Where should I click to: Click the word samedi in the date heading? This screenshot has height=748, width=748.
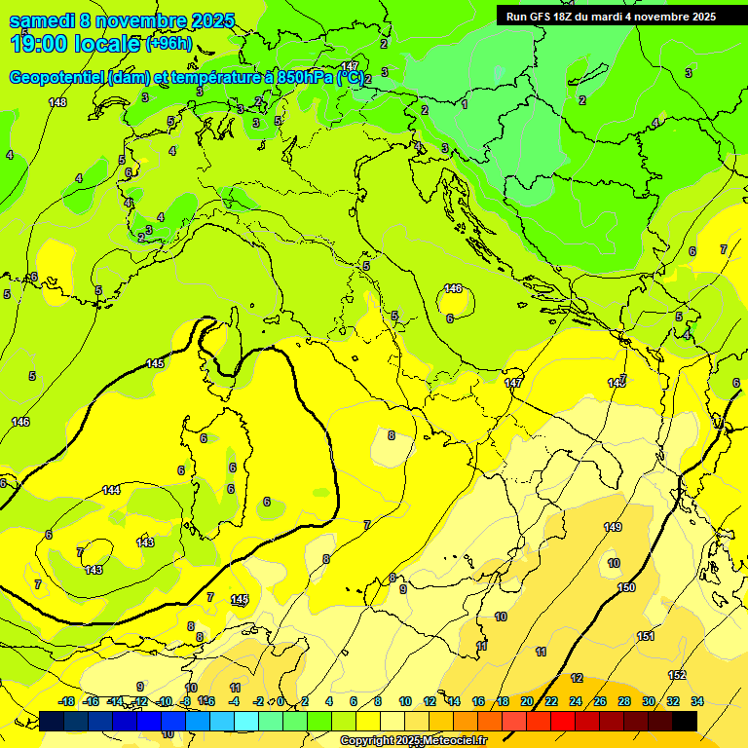(42, 20)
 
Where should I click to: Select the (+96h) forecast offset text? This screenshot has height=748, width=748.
(169, 44)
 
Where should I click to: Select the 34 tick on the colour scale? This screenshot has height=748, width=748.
(696, 701)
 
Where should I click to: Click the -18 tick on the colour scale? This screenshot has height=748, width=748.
(66, 701)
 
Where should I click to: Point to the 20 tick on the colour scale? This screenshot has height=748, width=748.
(527, 701)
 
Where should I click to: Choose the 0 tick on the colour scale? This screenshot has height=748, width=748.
(280, 701)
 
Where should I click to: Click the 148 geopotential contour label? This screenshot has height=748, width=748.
(57, 102)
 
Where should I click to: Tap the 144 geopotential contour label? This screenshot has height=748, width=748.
(112, 490)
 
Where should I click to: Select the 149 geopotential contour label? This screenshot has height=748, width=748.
(613, 527)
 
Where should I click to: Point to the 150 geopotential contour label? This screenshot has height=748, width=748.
(626, 587)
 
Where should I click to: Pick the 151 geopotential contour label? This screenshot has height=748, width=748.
(646, 636)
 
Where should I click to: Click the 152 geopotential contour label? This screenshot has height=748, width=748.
(677, 675)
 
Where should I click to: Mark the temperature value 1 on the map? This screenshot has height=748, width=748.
(465, 103)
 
